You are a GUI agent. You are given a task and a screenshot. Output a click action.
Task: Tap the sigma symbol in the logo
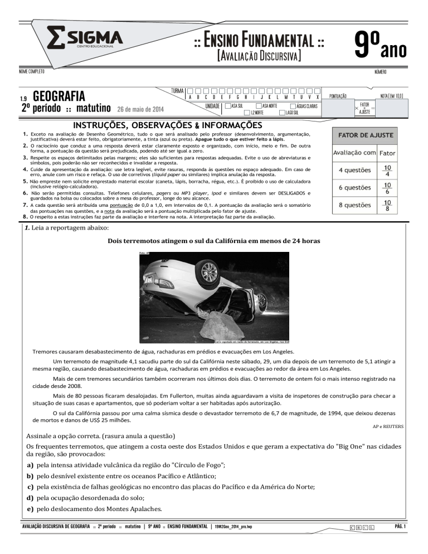pos(56,39)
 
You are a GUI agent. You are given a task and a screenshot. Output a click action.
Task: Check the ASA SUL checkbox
pos(227,105)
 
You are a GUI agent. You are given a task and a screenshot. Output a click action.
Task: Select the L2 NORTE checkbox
pos(247,113)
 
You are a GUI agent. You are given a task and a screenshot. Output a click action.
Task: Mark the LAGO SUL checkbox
pos(281,113)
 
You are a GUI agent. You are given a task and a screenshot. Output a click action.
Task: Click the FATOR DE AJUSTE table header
pos(364,135)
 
